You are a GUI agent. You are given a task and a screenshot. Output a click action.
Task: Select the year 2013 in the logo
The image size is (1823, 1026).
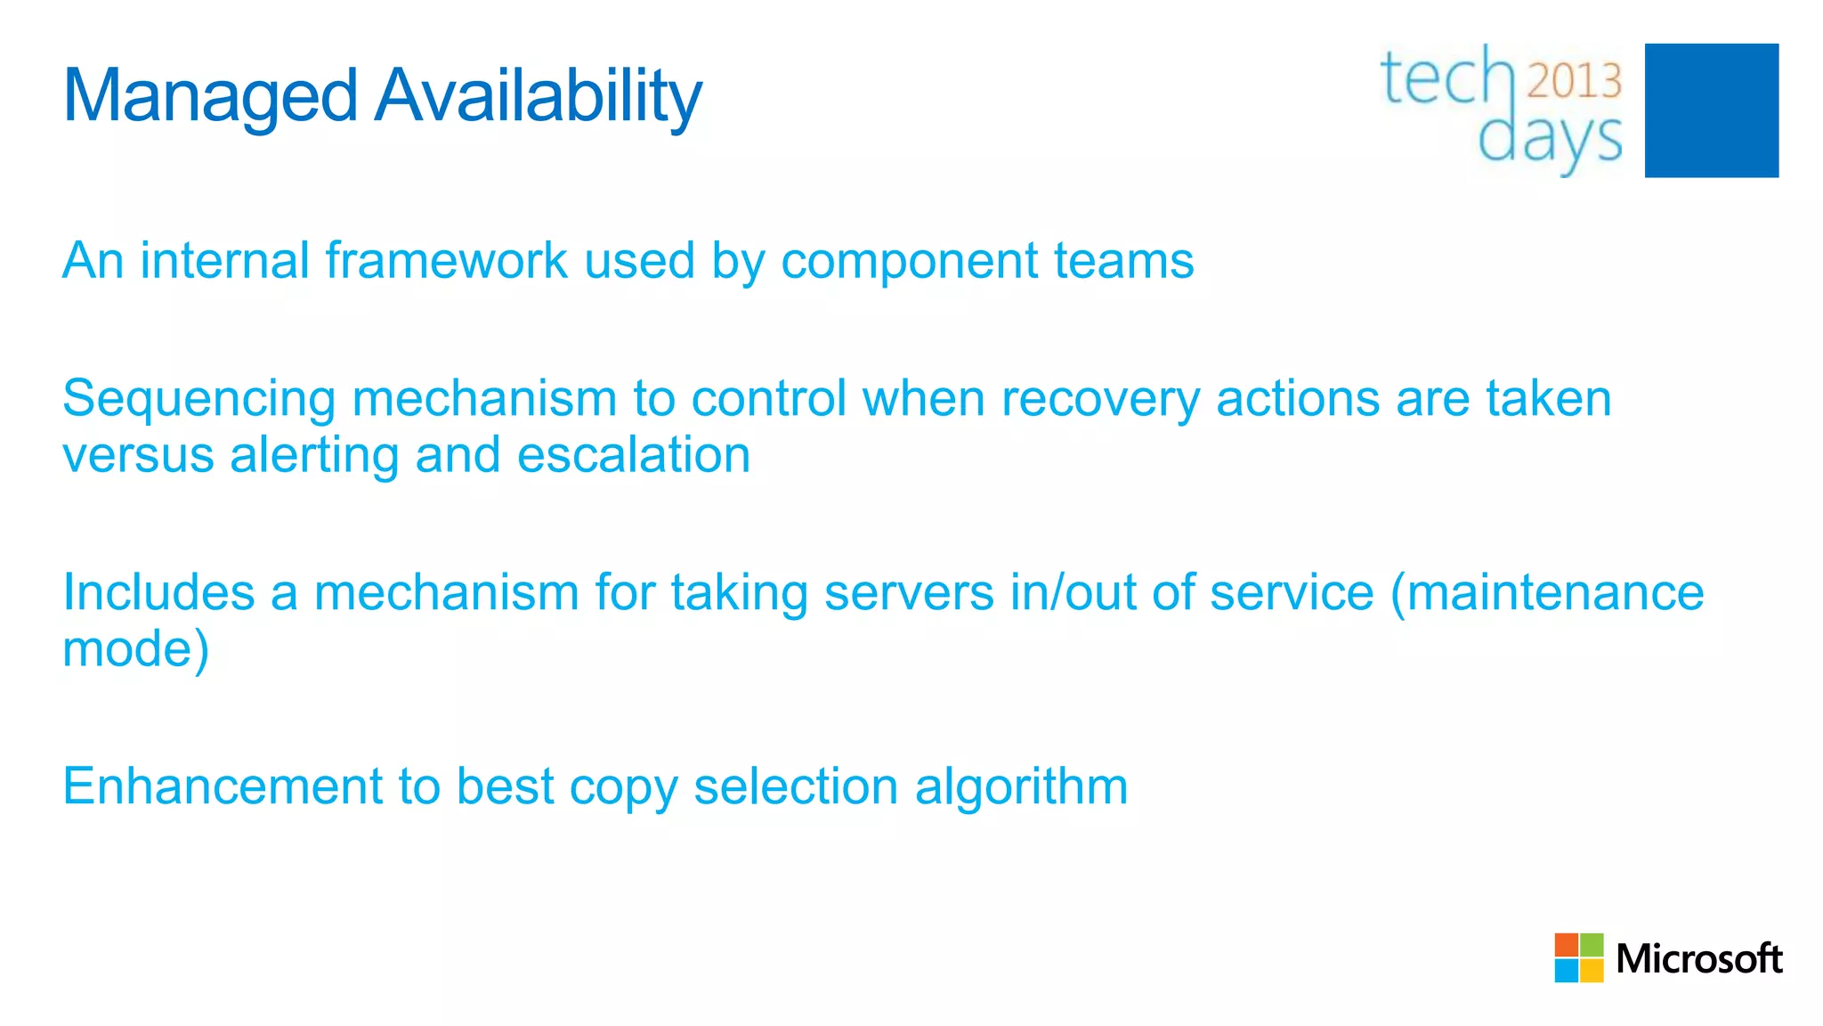coord(1575,81)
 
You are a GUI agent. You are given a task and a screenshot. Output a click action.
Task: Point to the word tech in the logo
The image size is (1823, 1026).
coord(1446,78)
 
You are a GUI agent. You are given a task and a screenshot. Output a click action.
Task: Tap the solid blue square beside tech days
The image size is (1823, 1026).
coord(1711,110)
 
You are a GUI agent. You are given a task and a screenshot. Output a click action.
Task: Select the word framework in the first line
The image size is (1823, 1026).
coord(447,261)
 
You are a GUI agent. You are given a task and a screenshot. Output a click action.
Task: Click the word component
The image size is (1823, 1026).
coord(910,263)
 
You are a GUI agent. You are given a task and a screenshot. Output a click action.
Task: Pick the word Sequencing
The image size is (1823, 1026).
coord(199,400)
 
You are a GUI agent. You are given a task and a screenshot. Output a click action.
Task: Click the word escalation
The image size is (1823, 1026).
coord(634,455)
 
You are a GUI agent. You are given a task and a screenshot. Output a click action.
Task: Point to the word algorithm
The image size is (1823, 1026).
coord(1021,788)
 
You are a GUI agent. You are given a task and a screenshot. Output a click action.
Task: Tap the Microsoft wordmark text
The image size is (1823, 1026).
coord(1698,959)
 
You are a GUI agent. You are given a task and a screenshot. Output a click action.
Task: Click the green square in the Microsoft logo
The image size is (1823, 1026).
coord(1592,945)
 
